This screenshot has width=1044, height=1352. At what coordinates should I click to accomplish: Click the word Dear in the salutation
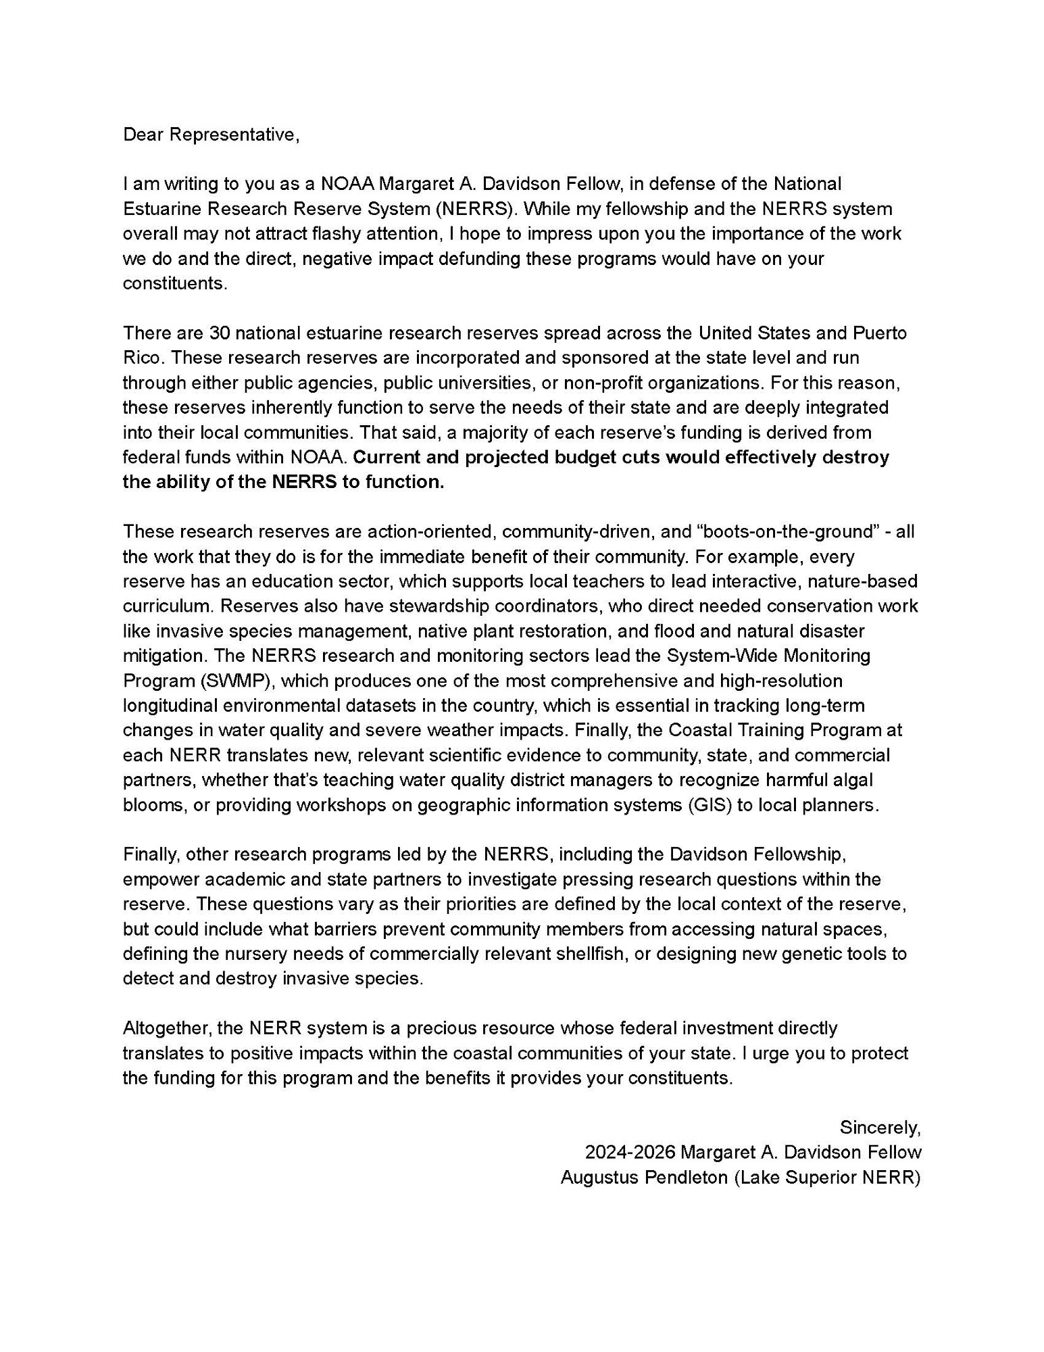click(x=143, y=135)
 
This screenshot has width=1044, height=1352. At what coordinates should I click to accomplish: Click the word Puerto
click(x=880, y=333)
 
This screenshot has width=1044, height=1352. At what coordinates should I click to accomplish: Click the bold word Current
click(x=387, y=458)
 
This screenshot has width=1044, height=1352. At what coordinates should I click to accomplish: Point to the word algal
click(x=853, y=780)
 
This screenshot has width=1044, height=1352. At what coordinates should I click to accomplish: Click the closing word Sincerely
click(x=879, y=1128)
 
